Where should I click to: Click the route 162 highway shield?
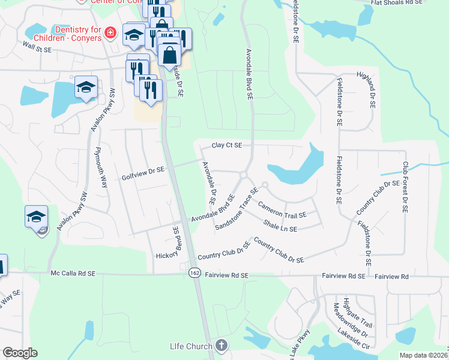pyautogui.click(x=194, y=272)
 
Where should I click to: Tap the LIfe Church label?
pyautogui.click(x=190, y=346)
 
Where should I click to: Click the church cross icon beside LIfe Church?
pyautogui.click(x=221, y=345)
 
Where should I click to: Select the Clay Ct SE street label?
pyautogui.click(x=226, y=145)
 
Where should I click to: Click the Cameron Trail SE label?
pyautogui.click(x=282, y=209)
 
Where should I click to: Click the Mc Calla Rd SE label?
pyautogui.click(x=73, y=273)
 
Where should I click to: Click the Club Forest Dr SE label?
pyautogui.click(x=406, y=187)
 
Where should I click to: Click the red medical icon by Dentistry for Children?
pyautogui.click(x=109, y=32)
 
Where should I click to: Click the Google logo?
pyautogui.click(x=20, y=353)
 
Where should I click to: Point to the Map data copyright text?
pyautogui.click(x=424, y=355)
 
